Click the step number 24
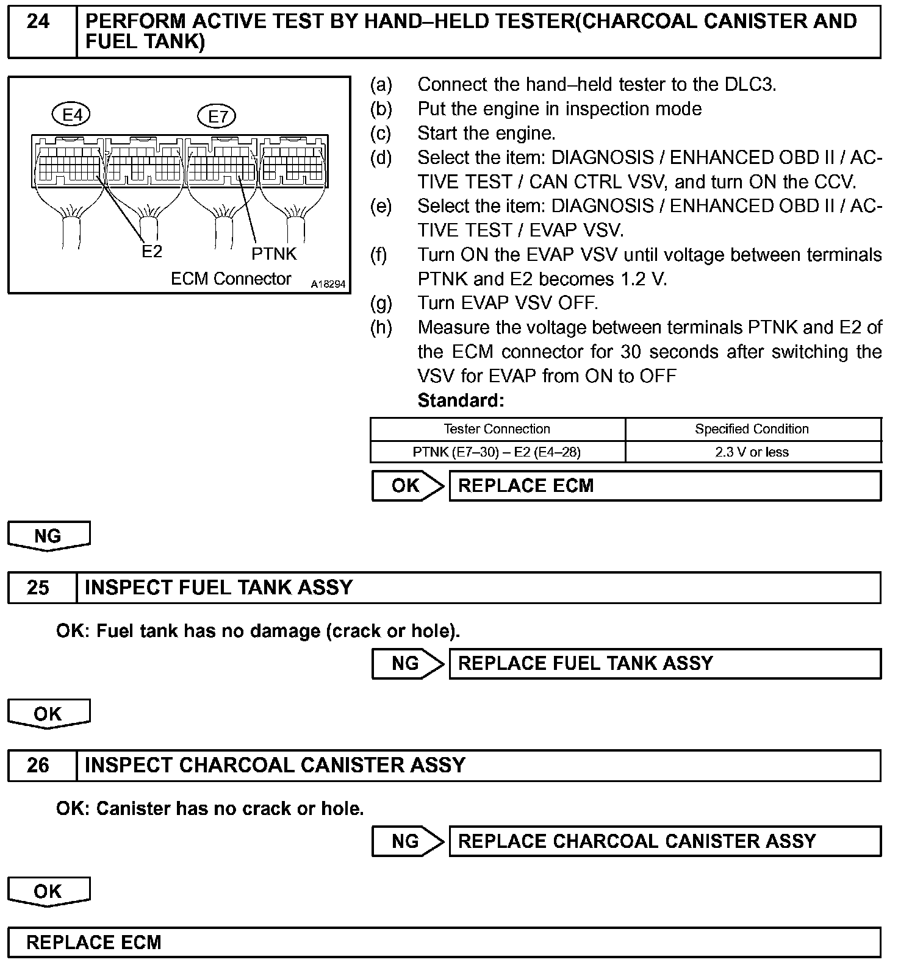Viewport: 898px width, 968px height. (38, 22)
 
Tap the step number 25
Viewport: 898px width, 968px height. (38, 588)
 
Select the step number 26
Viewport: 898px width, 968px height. (38, 766)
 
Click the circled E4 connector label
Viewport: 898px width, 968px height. (72, 115)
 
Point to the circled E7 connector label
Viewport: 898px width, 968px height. (217, 116)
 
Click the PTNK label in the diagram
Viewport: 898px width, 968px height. (274, 254)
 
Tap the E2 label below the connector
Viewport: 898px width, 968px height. (151, 251)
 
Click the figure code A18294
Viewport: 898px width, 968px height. (328, 284)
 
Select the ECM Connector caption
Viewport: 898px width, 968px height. (231, 279)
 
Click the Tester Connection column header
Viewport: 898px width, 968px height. (497, 429)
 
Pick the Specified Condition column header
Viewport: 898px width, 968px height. (752, 429)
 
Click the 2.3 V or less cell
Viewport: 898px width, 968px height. (752, 452)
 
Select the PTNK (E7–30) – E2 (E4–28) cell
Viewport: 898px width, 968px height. (497, 452)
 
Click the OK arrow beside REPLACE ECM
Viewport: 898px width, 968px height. (408, 486)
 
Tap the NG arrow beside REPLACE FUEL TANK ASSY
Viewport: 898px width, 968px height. (408, 663)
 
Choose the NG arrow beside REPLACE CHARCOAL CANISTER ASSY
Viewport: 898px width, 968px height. (408, 841)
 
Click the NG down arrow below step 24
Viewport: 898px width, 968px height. (48, 536)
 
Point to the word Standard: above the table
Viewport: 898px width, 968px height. (461, 400)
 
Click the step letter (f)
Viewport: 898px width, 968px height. (379, 255)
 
